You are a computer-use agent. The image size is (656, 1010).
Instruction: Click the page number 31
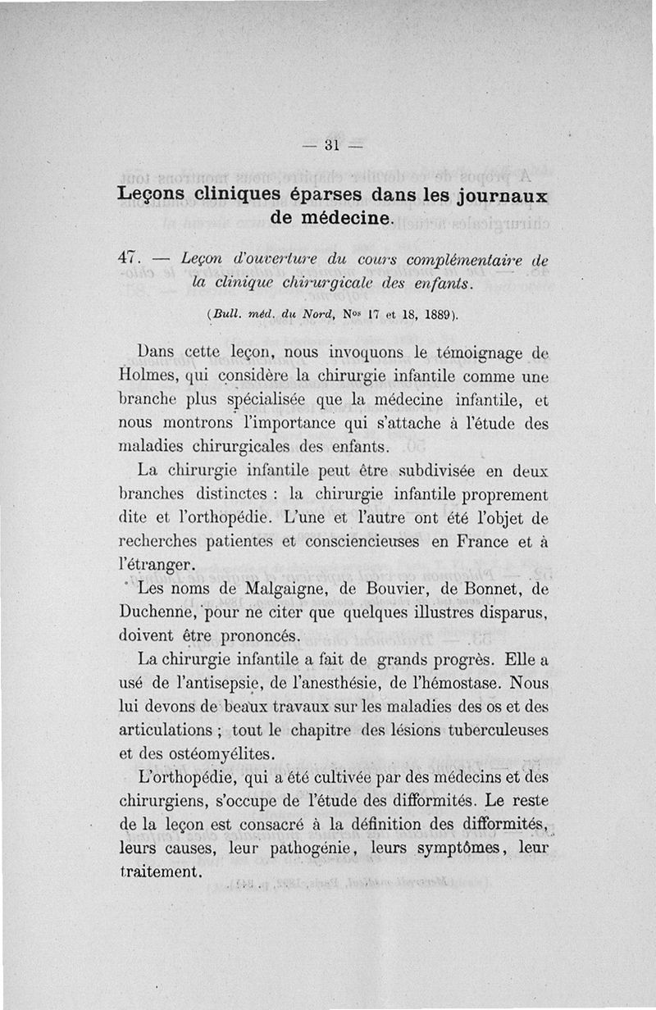tap(332, 147)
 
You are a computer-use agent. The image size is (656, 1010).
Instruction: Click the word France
tap(471, 542)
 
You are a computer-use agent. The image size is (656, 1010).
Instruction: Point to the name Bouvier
tap(378, 589)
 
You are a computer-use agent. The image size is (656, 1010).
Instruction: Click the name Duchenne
tap(155, 613)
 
